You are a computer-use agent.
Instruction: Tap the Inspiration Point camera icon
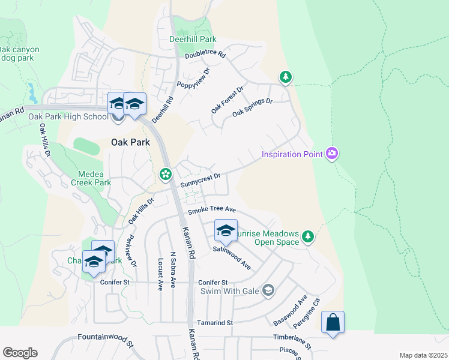[332, 154]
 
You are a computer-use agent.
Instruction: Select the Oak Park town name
[130, 142]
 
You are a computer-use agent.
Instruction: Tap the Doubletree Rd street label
[205, 55]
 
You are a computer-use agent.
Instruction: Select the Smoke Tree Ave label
[211, 211]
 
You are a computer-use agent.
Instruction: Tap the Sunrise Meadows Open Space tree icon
[307, 236]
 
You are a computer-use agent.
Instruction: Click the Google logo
[20, 353]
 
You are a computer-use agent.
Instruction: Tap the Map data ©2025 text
[423, 355]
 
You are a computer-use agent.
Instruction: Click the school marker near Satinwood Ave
[226, 230]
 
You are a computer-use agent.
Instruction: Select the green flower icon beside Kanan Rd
[164, 174]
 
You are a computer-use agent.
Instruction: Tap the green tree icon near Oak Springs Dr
[286, 77]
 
